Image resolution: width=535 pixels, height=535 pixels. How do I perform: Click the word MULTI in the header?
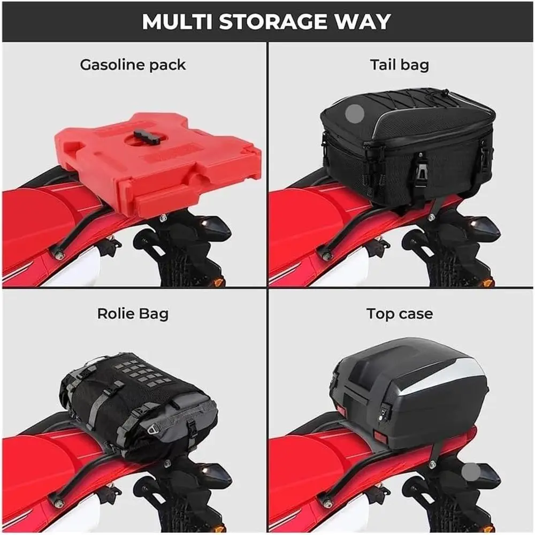click(177, 22)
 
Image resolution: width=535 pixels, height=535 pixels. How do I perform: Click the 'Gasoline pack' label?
click(133, 65)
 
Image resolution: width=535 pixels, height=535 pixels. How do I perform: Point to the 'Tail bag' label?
click(400, 65)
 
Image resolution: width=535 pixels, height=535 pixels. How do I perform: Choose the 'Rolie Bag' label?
click(133, 314)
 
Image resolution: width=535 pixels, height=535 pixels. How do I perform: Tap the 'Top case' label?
click(400, 314)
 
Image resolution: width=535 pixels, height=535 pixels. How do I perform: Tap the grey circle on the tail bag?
click(355, 113)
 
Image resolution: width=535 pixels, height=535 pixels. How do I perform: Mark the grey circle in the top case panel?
click(471, 472)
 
